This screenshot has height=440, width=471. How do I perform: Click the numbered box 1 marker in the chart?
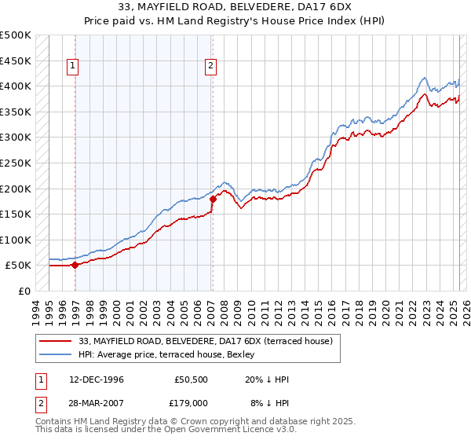click(72, 67)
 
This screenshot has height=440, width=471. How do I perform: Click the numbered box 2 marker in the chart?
click(211, 67)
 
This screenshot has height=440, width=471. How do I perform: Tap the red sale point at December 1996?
click(75, 265)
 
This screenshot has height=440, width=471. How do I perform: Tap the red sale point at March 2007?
click(212, 199)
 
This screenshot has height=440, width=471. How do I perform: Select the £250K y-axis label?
click(16, 163)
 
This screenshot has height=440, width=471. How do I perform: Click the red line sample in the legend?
click(56, 341)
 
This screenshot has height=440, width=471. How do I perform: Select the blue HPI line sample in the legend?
click(56, 354)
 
